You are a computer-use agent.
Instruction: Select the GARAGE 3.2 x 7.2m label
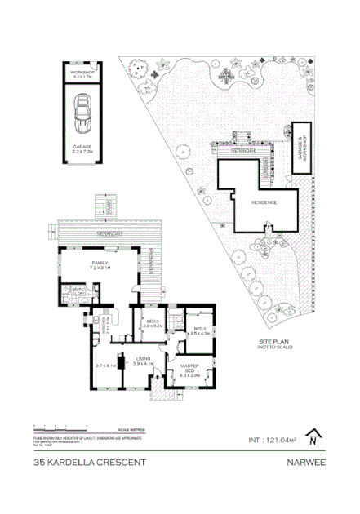[x=82, y=148]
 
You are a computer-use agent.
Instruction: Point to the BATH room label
[x=79, y=291]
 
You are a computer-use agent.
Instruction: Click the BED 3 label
[x=153, y=324]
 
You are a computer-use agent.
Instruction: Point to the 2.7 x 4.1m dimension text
[x=106, y=366]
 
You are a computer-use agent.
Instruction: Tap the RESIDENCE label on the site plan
[x=264, y=202]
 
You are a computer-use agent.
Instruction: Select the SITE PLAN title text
[x=275, y=343]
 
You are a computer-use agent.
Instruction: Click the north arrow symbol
[x=313, y=438]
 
